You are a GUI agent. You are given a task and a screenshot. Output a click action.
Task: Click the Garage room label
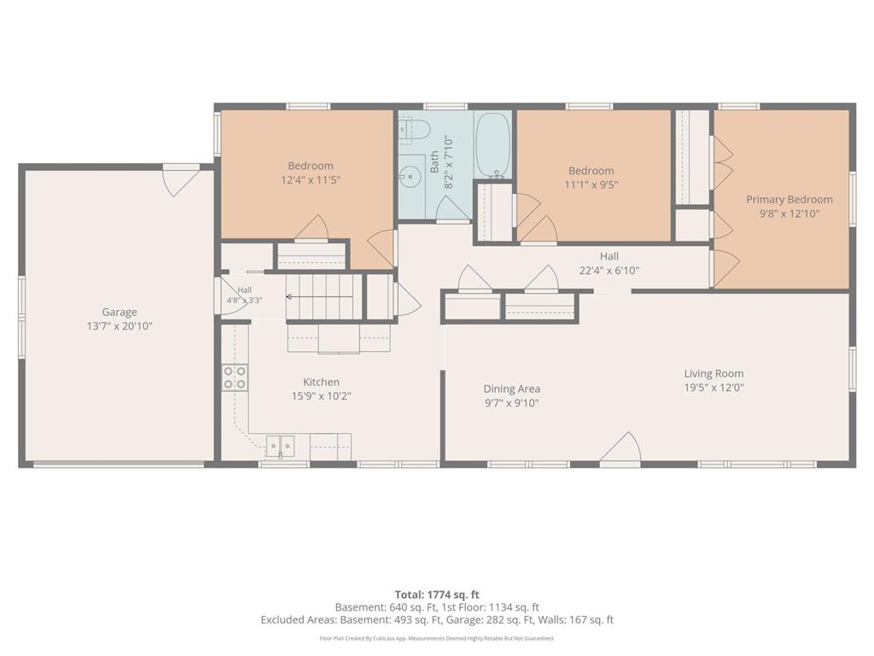click(119, 313)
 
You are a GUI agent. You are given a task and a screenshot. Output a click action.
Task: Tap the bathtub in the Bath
click(492, 145)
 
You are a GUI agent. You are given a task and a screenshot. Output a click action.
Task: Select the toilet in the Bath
click(414, 130)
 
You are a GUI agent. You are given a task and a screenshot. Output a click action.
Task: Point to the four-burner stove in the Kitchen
click(235, 377)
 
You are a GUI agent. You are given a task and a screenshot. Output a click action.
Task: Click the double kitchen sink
click(280, 446)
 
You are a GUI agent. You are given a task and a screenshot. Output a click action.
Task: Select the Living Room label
click(714, 374)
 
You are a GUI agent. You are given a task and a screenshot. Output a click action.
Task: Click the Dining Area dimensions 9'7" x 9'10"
click(512, 403)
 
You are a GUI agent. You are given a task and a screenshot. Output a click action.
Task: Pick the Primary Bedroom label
click(790, 200)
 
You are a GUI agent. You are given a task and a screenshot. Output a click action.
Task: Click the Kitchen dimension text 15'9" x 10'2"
click(321, 396)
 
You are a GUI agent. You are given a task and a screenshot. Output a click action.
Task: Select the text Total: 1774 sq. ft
click(437, 594)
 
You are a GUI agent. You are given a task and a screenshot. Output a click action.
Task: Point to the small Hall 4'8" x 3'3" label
click(244, 295)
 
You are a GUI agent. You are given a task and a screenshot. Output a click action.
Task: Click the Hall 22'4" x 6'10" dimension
click(609, 271)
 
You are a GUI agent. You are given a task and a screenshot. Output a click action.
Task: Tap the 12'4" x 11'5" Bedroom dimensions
click(311, 179)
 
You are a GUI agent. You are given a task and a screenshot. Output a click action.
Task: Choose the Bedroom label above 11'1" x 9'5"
click(591, 171)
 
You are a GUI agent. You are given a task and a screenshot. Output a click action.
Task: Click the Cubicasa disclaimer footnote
click(437, 638)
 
